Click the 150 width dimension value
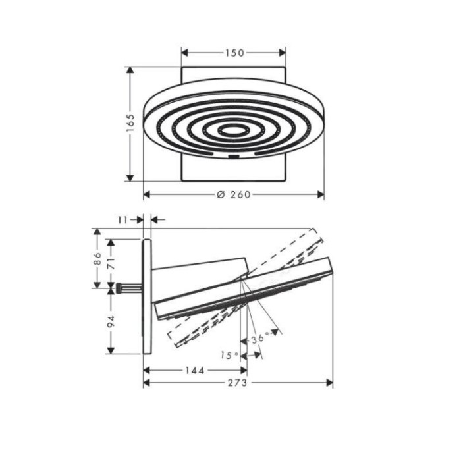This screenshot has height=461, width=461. (234, 53)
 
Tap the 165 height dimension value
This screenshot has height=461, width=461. (130, 122)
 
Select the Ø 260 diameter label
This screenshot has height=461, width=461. (234, 194)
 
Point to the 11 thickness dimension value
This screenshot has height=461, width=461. (123, 219)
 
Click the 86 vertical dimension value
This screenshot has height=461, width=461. (97, 258)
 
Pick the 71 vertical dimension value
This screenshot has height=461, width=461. (111, 263)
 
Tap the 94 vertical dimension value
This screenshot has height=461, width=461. (111, 321)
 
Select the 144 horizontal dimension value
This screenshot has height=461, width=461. (195, 370)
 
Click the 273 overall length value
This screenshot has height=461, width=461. (237, 383)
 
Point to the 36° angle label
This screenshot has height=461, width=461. (260, 339)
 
